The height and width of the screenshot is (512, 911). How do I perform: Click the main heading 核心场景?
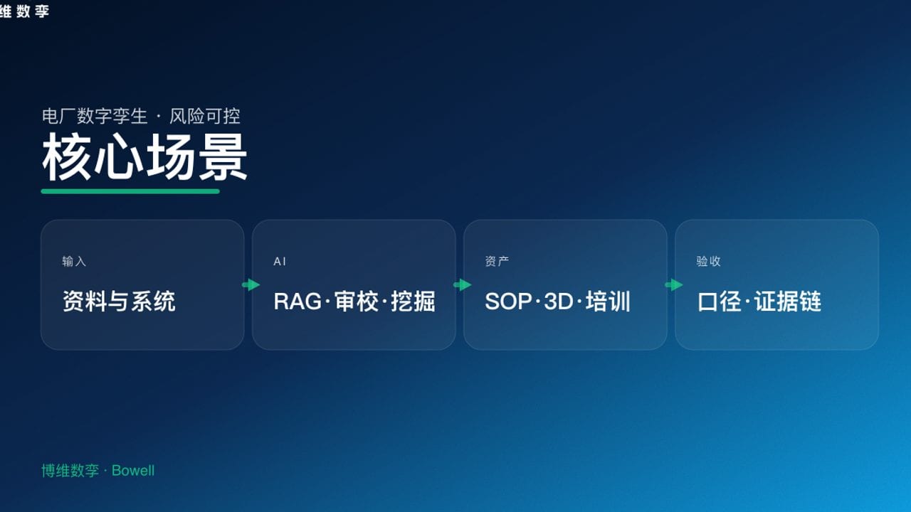pos(144,158)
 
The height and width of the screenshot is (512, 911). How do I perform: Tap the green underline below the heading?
pos(130,191)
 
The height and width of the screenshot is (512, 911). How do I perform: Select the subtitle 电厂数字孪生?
pos(95,116)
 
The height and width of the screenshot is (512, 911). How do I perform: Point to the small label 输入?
pos(74,262)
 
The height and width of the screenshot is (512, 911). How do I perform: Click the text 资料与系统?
pos(119,302)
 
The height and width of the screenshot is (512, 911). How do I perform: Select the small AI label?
pos(280,262)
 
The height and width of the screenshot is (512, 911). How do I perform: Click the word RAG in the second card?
pos(298,302)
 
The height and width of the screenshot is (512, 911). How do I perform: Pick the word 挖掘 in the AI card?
pos(414,302)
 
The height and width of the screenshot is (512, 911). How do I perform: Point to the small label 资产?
pos(497,262)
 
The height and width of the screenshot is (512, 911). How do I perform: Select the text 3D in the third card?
pos(558,302)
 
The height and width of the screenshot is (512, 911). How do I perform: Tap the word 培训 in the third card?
pos(609,302)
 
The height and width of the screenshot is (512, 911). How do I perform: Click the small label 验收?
pos(708,262)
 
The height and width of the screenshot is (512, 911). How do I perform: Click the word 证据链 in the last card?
pos(788,302)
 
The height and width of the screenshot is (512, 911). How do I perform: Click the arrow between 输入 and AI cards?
pos(251,285)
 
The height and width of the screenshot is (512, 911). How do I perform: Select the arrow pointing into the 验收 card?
pos(673,285)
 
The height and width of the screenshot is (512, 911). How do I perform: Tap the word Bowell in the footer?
pos(133,471)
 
